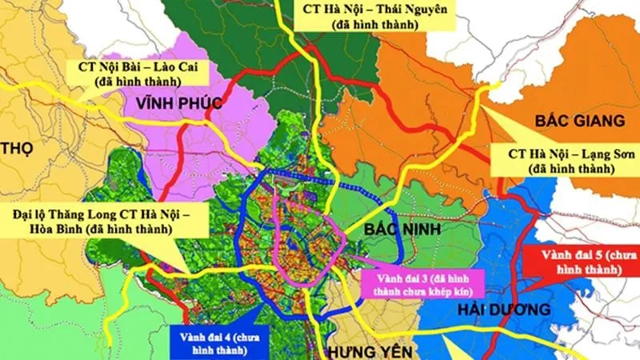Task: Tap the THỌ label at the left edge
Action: point(17,149)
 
